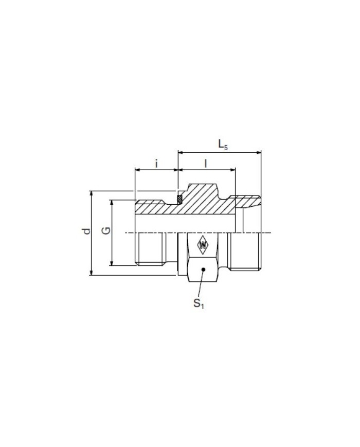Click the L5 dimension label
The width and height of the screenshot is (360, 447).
(223, 145)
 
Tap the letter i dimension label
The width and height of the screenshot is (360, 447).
(156, 164)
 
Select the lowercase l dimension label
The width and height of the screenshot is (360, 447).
(206, 164)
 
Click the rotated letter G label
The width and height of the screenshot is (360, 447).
(106, 231)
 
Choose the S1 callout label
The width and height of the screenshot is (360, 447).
(199, 303)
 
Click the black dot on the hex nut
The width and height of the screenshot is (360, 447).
(203, 269)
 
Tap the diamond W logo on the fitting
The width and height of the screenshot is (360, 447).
(203, 245)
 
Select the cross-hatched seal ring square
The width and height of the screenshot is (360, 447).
(179, 200)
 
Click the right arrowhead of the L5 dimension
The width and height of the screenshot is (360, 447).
(259, 153)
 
